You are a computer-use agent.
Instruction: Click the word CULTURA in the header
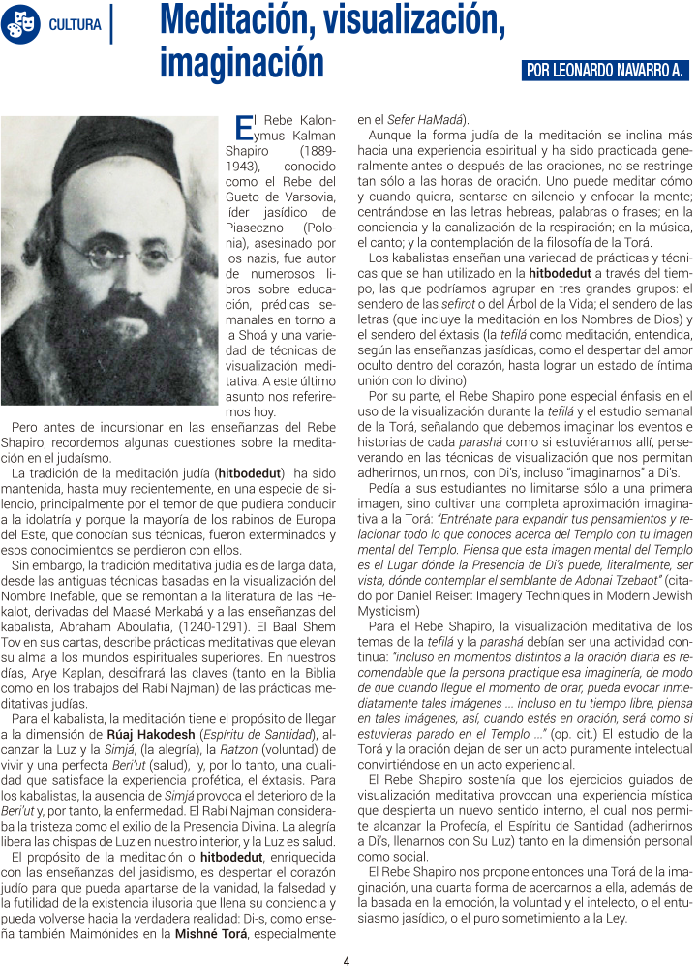point(75,24)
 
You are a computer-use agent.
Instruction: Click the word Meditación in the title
point(254,21)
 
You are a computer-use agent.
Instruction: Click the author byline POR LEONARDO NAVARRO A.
point(604,71)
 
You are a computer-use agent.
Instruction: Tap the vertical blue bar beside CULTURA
point(112,24)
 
